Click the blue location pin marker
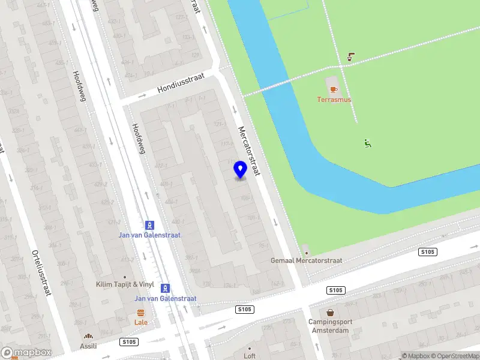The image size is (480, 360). (x=240, y=170)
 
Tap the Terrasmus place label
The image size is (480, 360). (x=334, y=100)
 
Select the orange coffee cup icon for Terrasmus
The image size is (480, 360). (x=334, y=89)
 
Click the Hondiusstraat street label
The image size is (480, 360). (x=181, y=83)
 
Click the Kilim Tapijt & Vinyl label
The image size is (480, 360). (x=125, y=284)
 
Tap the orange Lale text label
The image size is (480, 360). (x=141, y=322)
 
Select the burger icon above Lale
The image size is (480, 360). (x=141, y=313)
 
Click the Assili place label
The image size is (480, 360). (x=88, y=346)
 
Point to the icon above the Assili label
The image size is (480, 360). (x=88, y=337)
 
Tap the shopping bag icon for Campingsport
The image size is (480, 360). (x=330, y=313)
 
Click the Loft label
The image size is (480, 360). (x=250, y=356)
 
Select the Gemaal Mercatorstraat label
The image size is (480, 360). (x=307, y=260)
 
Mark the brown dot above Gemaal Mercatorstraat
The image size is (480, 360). (x=305, y=247)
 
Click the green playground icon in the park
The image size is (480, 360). (x=367, y=143)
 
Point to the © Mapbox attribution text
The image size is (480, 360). (x=415, y=356)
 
